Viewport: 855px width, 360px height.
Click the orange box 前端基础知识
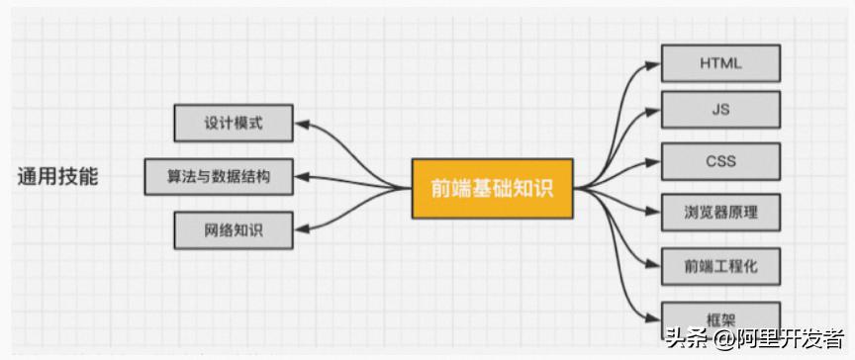492,187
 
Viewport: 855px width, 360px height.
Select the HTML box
720,64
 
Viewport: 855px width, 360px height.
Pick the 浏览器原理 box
720,213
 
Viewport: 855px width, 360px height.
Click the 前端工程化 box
720,265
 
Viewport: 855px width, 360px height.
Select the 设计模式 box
234,125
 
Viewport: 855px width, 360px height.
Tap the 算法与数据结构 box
220,178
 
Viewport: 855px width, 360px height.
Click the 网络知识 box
234,230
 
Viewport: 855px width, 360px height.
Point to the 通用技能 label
58,178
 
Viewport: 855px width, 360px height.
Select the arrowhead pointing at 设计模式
303,126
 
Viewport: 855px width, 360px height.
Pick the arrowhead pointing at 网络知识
303,230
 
